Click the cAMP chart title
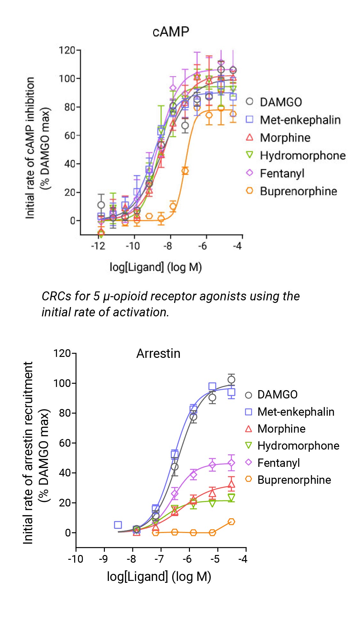tap(171, 32)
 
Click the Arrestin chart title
tap(158, 354)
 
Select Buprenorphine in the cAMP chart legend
tap(298, 191)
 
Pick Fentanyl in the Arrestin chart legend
tap(278, 463)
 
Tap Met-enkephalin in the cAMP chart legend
tap(300, 120)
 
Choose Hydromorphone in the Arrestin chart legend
tap(298, 446)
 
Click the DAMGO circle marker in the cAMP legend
tap(249, 102)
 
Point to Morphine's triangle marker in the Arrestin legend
tap(248, 429)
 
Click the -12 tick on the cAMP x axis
tap(98, 246)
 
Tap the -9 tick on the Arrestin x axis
tap(103, 559)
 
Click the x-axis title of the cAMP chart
tap(156, 267)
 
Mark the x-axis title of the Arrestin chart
tap(159, 576)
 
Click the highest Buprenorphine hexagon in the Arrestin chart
tap(231, 522)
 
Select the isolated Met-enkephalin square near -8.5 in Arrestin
tap(118, 525)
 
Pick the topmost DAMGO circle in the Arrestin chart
tap(231, 380)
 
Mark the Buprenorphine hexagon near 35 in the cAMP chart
tap(185, 171)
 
